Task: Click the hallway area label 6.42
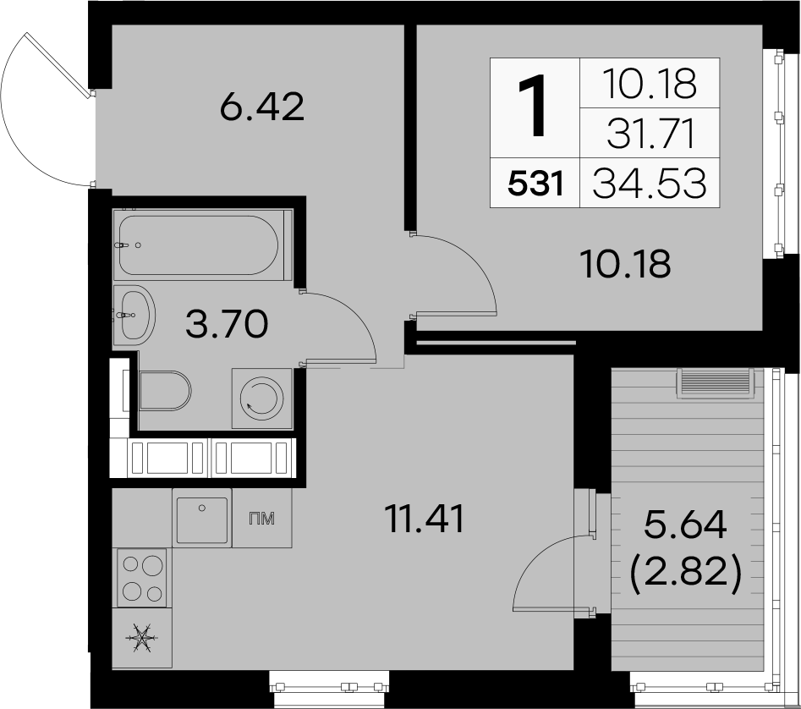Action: pyautogui.click(x=262, y=107)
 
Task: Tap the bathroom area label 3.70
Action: pyautogui.click(x=227, y=325)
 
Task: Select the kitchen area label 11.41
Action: pyautogui.click(x=425, y=519)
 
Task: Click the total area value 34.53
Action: pyautogui.click(x=650, y=183)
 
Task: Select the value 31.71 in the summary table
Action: pyautogui.click(x=652, y=135)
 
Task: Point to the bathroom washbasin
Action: pyautogui.click(x=133, y=316)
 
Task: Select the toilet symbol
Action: pyautogui.click(x=164, y=391)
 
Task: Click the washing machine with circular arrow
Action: pyautogui.click(x=262, y=398)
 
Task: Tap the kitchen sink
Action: pyautogui.click(x=202, y=519)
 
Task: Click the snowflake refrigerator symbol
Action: pyautogui.click(x=142, y=637)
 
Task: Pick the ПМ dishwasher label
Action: pyautogui.click(x=261, y=519)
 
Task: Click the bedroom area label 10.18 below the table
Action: pyautogui.click(x=626, y=264)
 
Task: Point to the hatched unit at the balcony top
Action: pyautogui.click(x=716, y=383)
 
